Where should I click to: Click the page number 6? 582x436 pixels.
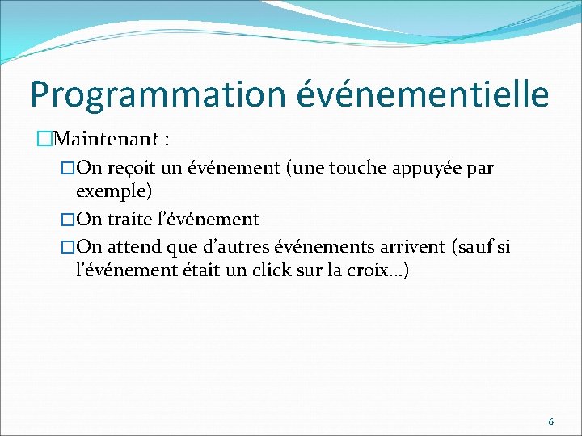click(550, 421)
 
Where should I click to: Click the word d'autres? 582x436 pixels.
click(234, 245)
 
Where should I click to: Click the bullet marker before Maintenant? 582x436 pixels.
click(44, 140)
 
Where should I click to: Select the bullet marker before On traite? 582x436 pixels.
click(68, 219)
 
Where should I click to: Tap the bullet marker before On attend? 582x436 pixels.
click(68, 245)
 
